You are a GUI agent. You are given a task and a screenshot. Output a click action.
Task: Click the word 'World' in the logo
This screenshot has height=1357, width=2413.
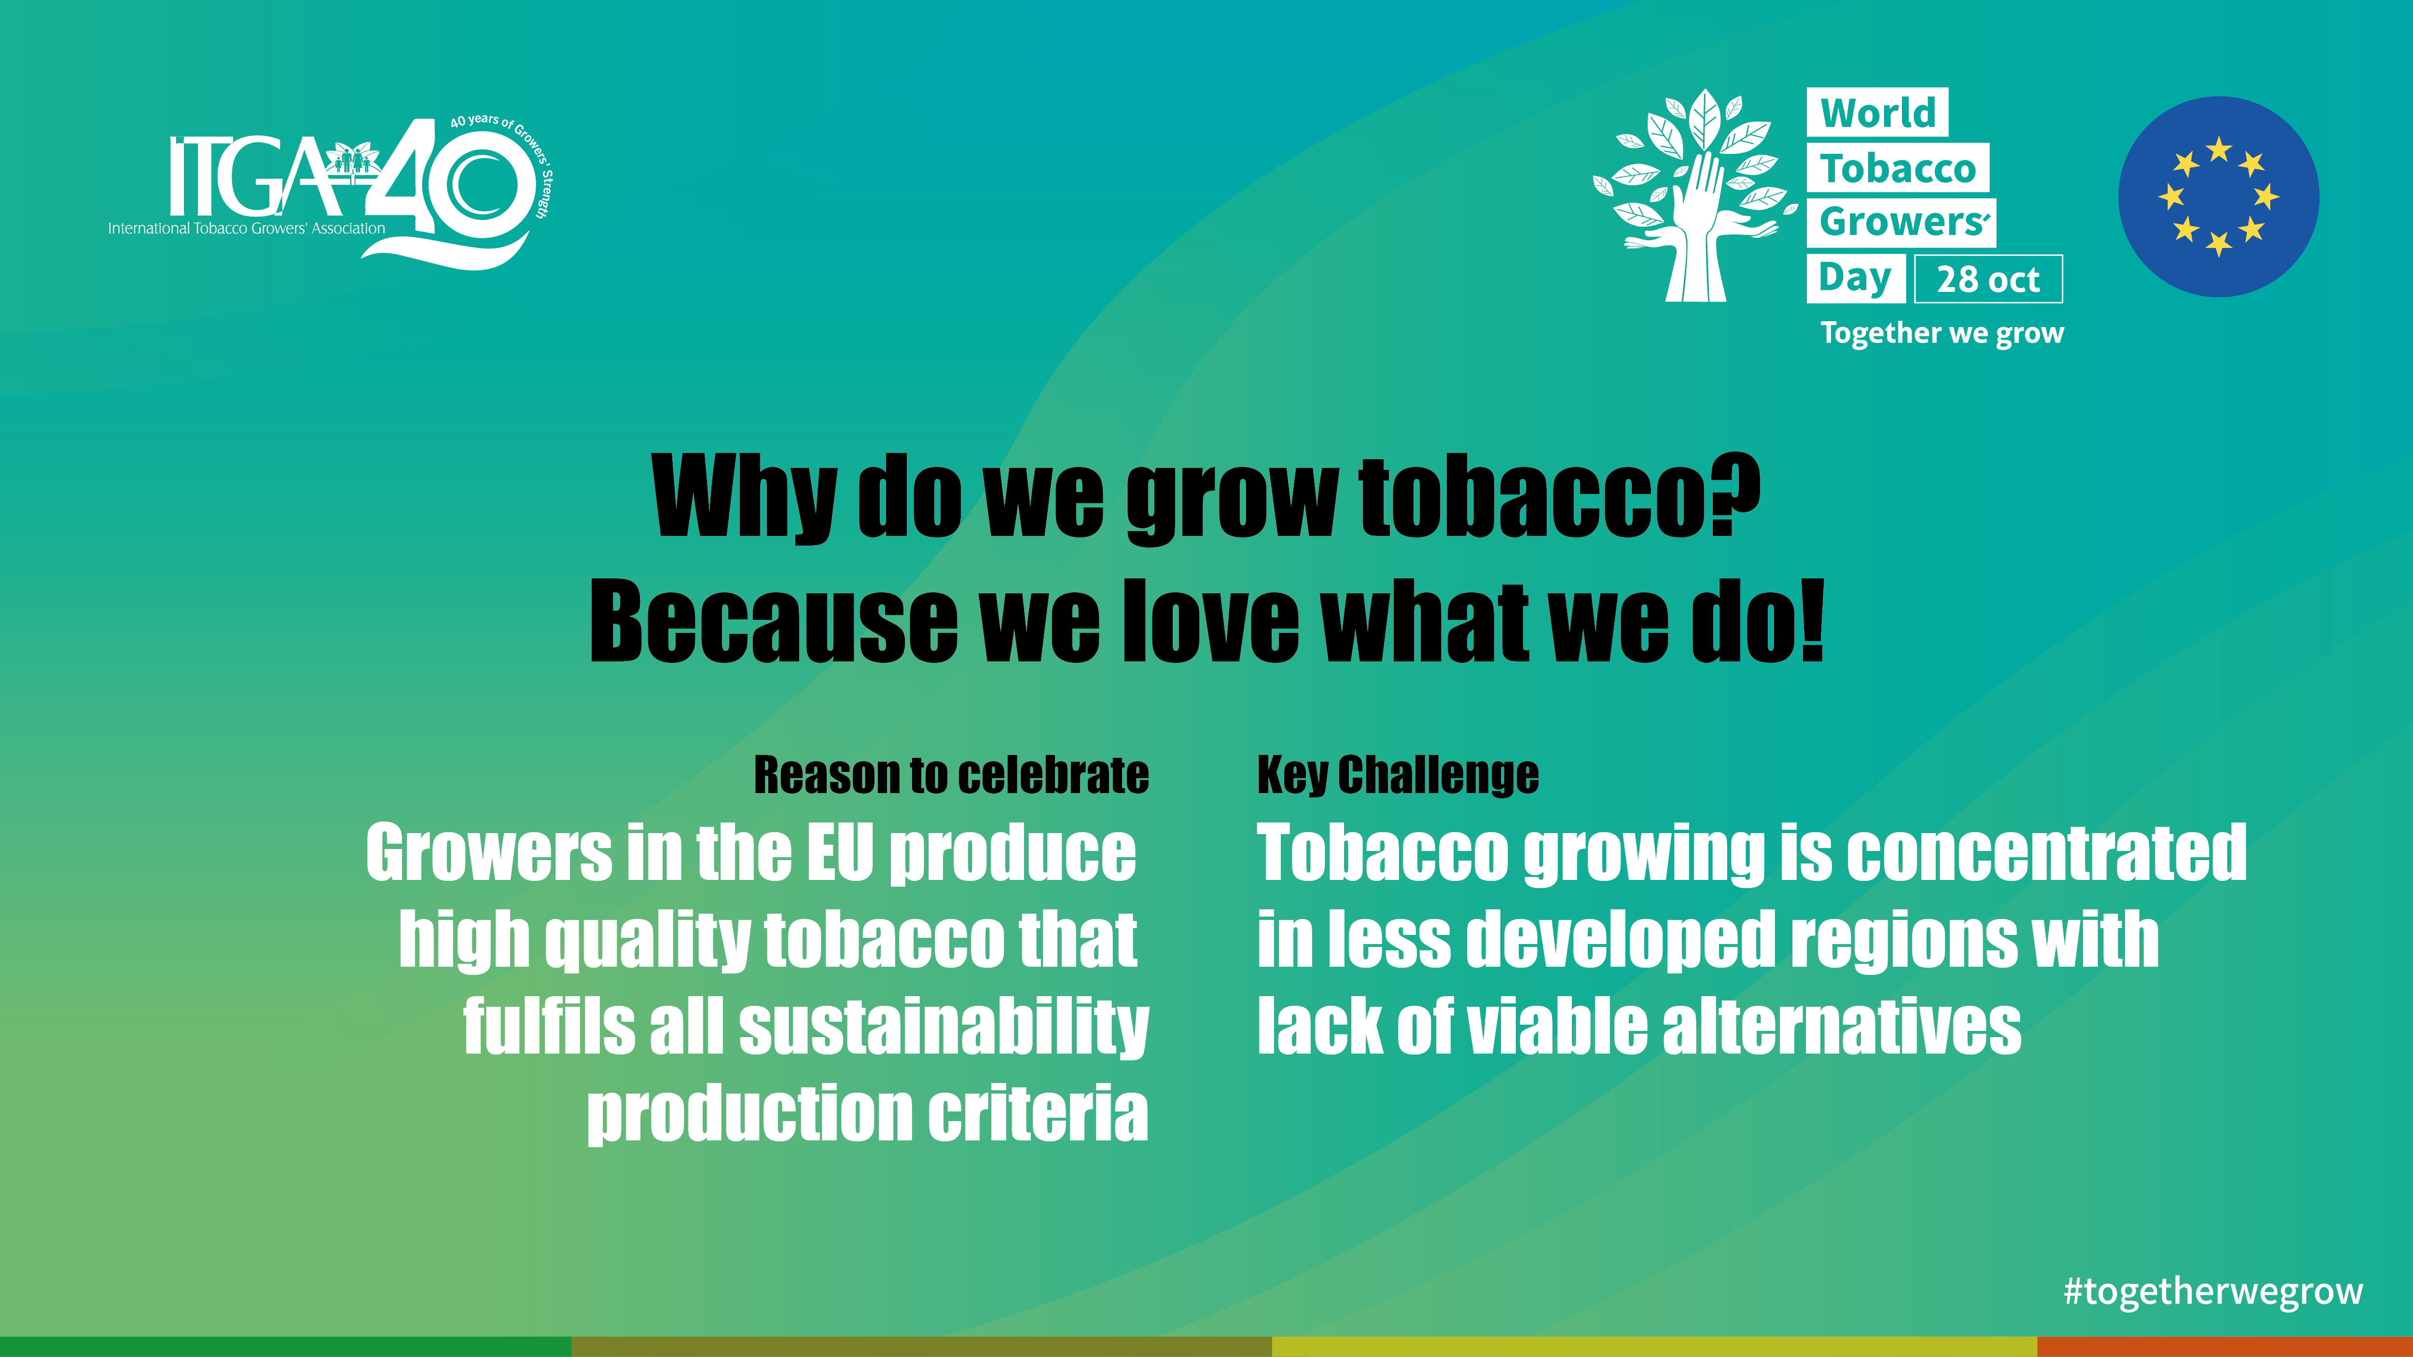click(x=1877, y=112)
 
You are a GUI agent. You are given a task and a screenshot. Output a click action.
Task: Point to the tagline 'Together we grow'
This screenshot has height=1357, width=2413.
click(x=1942, y=333)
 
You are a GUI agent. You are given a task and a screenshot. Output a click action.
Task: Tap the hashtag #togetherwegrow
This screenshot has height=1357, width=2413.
click(x=2213, y=1291)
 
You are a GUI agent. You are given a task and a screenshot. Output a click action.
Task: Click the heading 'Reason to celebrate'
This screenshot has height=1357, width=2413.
click(x=951, y=775)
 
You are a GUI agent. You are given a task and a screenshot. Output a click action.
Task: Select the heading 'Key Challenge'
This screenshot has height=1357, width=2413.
click(x=1398, y=775)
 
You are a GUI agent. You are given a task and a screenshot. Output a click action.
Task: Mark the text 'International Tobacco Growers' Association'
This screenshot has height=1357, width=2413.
click(x=246, y=229)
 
